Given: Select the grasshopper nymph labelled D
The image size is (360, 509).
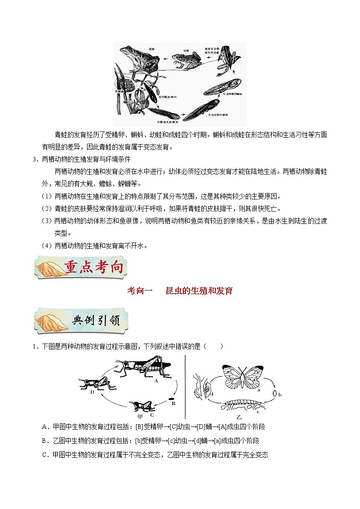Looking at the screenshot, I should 97,383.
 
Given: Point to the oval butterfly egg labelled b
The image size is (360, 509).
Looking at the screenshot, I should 275,394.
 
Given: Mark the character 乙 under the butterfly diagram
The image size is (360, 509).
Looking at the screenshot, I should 239,415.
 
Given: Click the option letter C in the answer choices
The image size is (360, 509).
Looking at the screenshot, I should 44,455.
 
